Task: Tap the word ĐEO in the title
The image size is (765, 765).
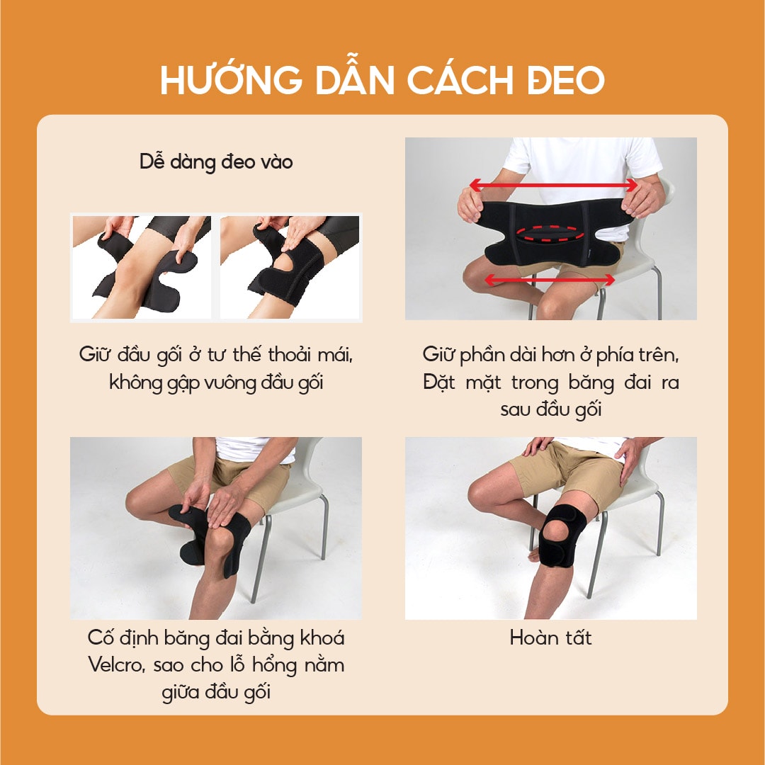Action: pos(565,80)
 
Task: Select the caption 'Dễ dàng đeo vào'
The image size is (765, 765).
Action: pos(216,162)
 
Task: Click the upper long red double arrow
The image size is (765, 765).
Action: pos(554,186)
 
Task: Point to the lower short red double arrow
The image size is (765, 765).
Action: pos(550,280)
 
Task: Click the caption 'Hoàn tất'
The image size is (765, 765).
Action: pos(551,637)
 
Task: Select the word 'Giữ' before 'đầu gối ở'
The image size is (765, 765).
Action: pos(95,354)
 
